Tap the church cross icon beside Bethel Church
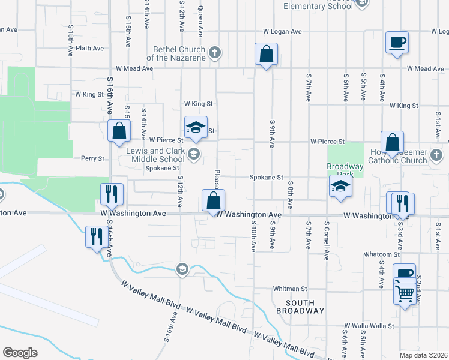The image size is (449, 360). click(x=214, y=53)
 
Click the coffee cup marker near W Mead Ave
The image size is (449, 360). click(x=397, y=42)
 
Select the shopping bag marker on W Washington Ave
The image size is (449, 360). click(x=213, y=200)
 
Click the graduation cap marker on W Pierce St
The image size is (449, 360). click(x=196, y=127)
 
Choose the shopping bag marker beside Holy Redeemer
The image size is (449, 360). click(x=392, y=143)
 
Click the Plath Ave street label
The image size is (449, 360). click(x=91, y=48)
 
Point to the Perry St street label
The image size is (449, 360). click(x=93, y=159)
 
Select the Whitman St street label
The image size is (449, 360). click(x=290, y=289)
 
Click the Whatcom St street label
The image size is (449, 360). click(x=378, y=254)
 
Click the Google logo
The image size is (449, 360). click(x=20, y=353)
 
